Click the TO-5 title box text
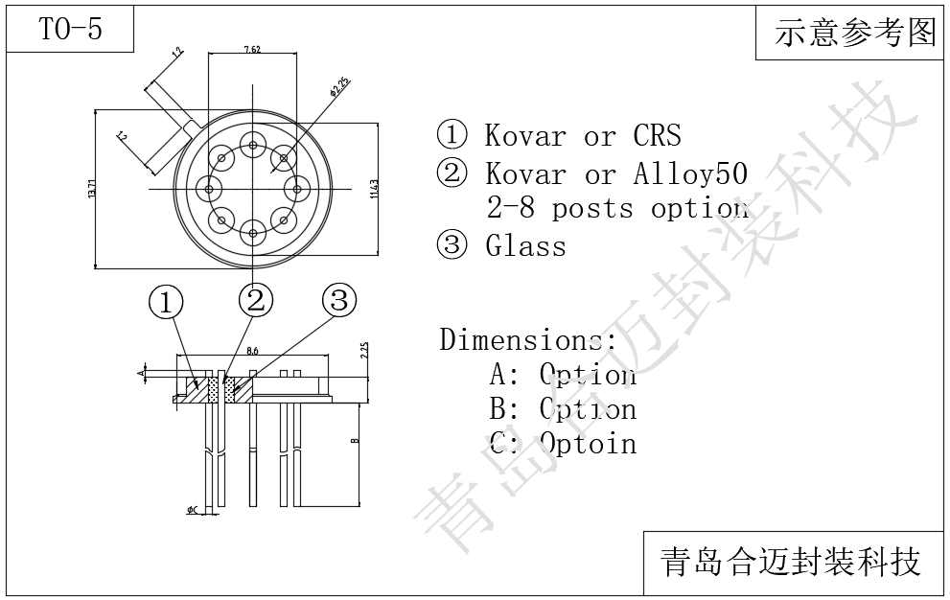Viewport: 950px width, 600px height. click(70, 30)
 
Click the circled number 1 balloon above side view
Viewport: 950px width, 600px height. click(166, 303)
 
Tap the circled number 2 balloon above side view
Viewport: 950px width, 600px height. click(255, 301)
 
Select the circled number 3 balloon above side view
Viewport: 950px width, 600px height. click(338, 301)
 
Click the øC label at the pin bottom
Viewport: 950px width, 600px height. click(192, 511)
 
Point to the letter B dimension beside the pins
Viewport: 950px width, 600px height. click(353, 442)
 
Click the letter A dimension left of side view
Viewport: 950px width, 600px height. click(141, 369)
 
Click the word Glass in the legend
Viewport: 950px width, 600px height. click(525, 246)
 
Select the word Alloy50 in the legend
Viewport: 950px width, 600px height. click(690, 173)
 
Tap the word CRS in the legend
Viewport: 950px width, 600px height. click(658, 135)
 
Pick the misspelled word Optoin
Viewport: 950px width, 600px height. click(587, 444)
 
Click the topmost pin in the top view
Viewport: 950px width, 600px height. click(253, 146)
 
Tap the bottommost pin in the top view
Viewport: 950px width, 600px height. click(253, 230)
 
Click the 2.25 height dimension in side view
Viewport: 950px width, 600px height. click(365, 351)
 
